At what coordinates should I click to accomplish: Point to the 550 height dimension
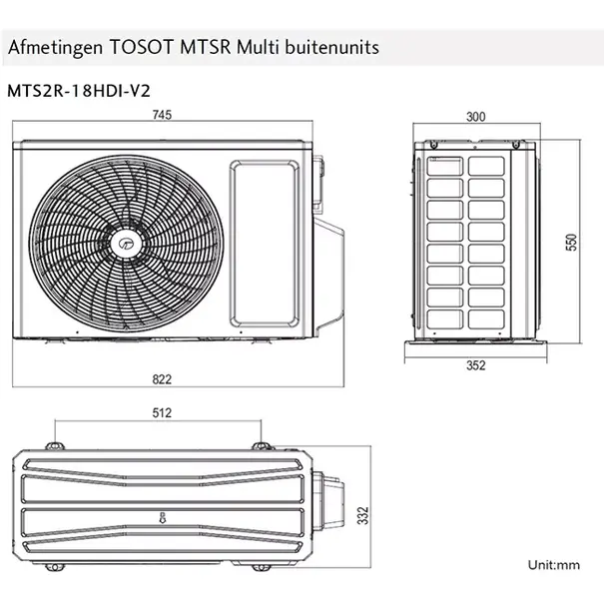[572, 242]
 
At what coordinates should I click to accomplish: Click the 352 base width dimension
[476, 365]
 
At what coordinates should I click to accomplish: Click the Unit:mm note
[554, 565]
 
